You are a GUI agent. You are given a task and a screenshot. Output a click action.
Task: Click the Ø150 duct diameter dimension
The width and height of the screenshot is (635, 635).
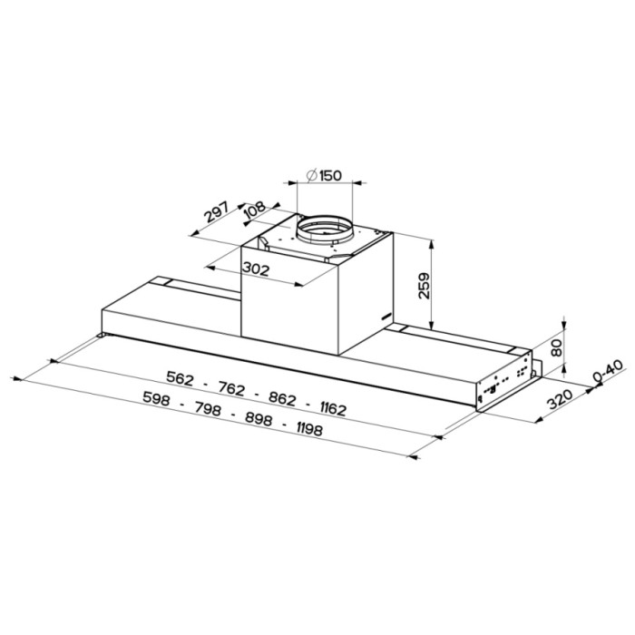[324, 175]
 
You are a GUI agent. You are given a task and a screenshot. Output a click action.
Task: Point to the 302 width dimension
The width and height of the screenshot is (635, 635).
[256, 269]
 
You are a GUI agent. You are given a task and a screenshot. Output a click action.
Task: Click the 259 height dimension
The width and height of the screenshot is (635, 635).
[424, 286]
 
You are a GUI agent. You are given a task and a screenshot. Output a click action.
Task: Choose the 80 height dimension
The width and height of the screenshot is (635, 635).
[558, 347]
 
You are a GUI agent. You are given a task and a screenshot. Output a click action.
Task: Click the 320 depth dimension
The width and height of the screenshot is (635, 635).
[560, 399]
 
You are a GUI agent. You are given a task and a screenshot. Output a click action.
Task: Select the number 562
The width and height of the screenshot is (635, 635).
[181, 378]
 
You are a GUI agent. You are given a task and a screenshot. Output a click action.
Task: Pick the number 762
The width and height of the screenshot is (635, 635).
[231, 389]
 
